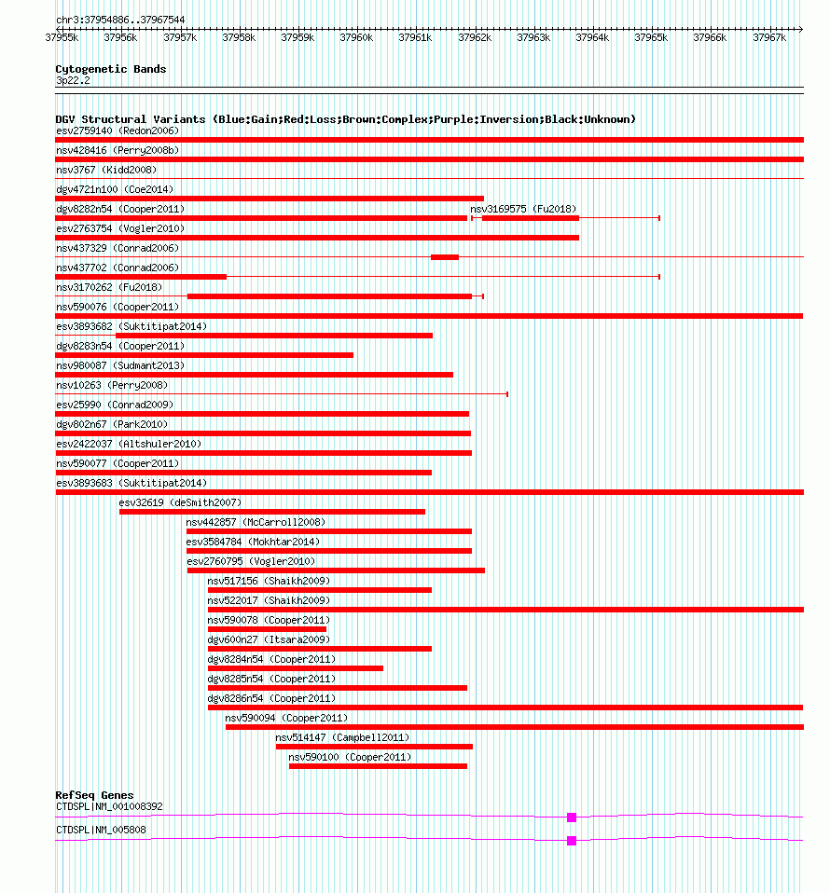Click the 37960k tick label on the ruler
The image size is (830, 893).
356,37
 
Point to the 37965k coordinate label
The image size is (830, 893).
651,37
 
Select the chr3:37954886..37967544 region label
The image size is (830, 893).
120,20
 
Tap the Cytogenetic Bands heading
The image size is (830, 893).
111,69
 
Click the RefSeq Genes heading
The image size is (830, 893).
94,795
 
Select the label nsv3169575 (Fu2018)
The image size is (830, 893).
523,209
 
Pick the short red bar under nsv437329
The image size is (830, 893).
445,257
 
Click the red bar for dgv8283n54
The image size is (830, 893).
204,355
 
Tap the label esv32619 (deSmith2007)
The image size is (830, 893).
180,502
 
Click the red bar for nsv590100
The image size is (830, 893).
378,766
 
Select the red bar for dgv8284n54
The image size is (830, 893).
296,668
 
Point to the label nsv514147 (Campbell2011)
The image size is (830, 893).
342,737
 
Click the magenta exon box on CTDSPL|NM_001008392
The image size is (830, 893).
572,817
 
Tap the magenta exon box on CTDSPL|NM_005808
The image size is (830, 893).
572,841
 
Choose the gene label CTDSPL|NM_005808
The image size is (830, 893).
101,830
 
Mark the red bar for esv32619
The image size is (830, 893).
272,512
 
